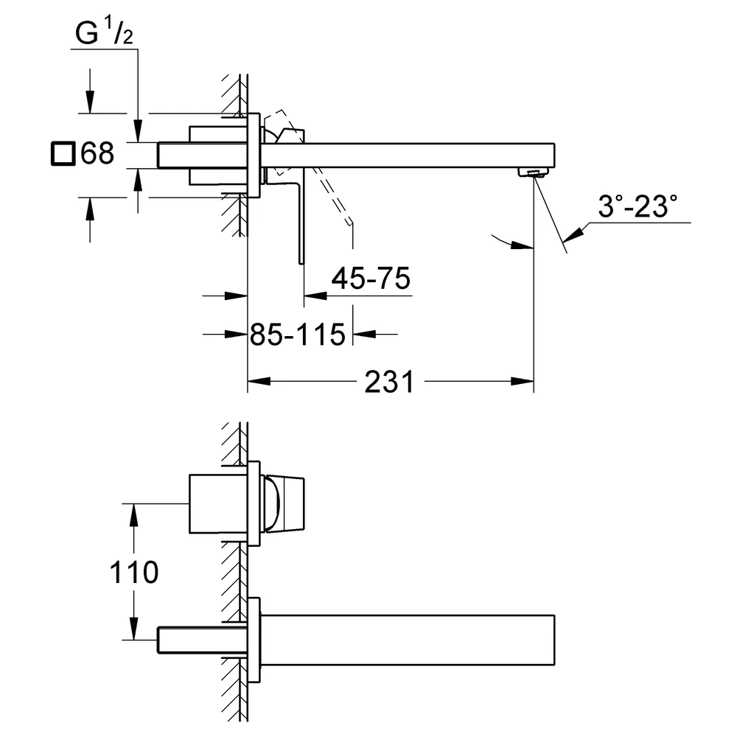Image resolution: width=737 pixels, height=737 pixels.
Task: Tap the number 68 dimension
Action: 97,153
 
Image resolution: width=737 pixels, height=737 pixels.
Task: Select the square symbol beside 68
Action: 63,153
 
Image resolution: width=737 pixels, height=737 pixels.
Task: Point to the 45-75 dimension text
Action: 371,278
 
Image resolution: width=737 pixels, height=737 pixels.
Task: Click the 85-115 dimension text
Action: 298,335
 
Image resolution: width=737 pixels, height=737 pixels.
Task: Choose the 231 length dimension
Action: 390,382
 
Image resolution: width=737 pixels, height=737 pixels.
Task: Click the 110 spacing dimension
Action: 134,573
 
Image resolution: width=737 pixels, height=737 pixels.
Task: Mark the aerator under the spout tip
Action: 533,172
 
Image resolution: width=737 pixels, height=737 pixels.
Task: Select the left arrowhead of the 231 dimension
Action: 259,381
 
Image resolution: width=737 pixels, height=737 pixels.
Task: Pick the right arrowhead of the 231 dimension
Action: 523,381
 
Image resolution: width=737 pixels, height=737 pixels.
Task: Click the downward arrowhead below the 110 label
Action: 134,629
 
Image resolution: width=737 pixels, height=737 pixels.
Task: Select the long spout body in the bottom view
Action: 408,640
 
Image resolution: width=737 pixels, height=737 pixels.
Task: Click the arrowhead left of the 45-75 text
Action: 315,296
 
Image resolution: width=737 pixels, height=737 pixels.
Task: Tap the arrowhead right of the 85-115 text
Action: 364,334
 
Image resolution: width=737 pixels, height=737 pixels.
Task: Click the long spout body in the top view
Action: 408,155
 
